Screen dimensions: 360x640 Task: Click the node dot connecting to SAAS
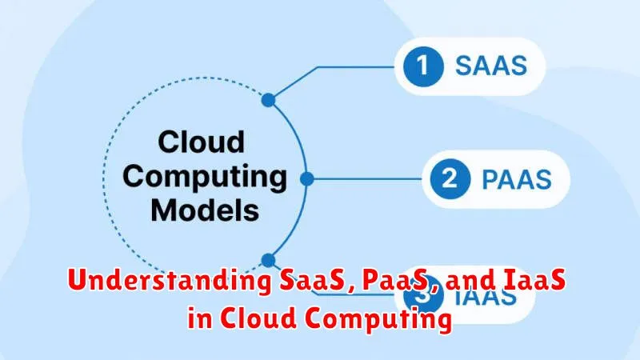pyautogui.click(x=269, y=100)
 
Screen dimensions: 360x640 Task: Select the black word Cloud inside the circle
pyautogui.click(x=200, y=143)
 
